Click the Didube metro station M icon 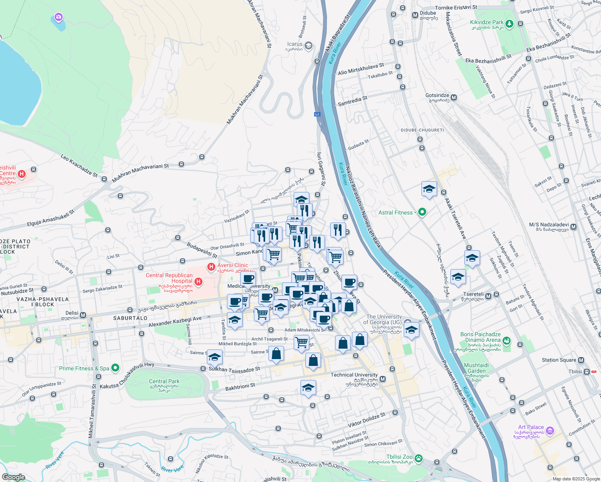pyautogui.click(x=415, y=15)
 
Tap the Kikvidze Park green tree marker pyautogui.click(x=509, y=24)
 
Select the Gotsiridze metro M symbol pyautogui.click(x=454, y=98)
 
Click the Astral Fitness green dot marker pyautogui.click(x=422, y=212)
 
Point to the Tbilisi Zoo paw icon pyautogui.click(x=419, y=458)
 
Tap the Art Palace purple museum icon pyautogui.click(x=550, y=431)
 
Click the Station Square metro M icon pyautogui.click(x=581, y=360)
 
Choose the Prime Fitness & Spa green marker pyautogui.click(x=115, y=368)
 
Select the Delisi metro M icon pyautogui.click(x=83, y=315)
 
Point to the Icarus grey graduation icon pyautogui.click(x=309, y=45)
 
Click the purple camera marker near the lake pyautogui.click(x=59, y=17)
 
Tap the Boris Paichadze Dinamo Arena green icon pyautogui.click(x=507, y=341)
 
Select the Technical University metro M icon pyautogui.click(x=382, y=379)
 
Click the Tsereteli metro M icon pyautogui.click(x=488, y=296)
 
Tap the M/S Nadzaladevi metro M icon pyautogui.click(x=573, y=227)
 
